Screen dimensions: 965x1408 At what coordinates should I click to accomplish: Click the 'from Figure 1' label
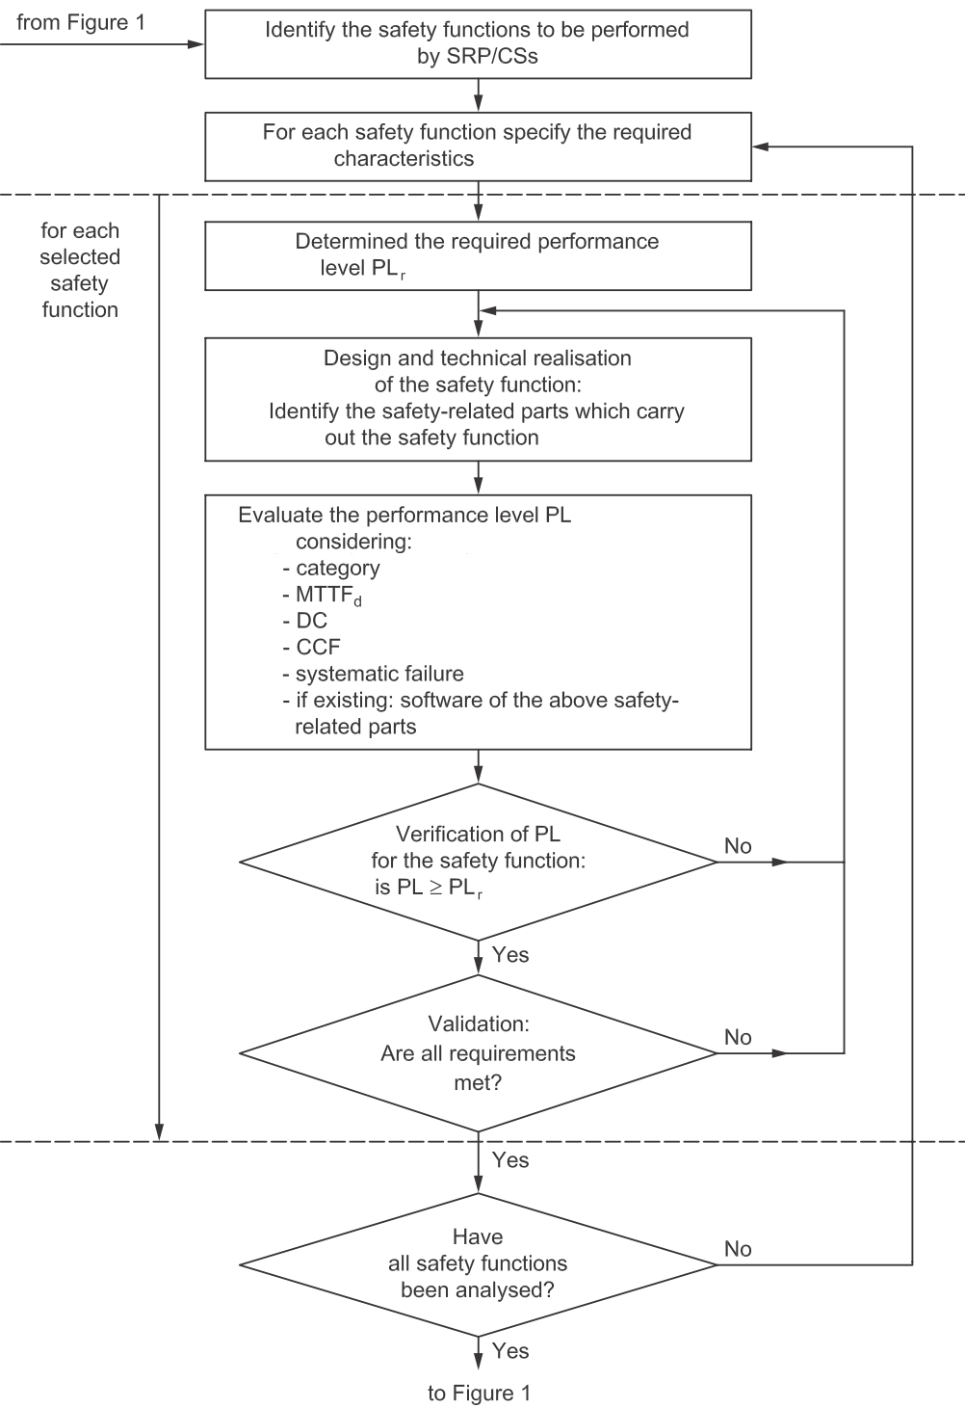point(81,22)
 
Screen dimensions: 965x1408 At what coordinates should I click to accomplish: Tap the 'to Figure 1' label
point(479,1393)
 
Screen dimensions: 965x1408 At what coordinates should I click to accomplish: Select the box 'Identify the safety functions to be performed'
point(478,44)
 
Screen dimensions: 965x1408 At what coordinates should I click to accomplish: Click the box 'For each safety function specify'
point(478,146)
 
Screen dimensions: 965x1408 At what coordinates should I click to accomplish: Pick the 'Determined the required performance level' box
point(478,255)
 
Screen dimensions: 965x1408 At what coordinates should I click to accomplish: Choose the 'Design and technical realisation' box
point(478,399)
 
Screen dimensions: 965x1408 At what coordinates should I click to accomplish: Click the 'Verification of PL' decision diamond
point(478,862)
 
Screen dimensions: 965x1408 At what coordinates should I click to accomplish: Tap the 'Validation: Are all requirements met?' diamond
point(478,1052)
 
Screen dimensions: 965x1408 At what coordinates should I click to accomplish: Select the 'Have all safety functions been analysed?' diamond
point(478,1264)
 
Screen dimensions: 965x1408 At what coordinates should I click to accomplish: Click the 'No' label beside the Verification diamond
point(738,846)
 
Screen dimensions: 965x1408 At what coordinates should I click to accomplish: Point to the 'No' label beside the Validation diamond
point(738,1037)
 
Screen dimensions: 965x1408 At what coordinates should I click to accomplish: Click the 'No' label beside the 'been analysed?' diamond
point(738,1248)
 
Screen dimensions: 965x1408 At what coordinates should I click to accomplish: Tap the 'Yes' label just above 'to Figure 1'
point(510,1351)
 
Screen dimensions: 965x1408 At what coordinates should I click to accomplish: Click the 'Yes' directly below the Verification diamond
point(510,955)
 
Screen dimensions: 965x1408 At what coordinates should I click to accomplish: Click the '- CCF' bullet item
point(312,647)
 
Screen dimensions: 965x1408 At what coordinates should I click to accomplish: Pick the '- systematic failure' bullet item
point(373,674)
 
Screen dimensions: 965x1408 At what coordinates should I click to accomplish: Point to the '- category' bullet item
point(331,569)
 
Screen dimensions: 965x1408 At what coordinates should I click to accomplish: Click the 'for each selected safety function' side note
point(80,270)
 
